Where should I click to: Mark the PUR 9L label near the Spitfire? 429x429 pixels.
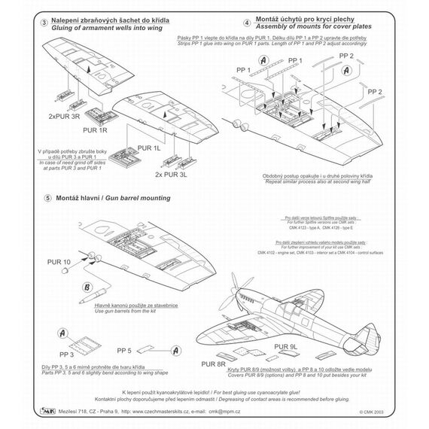tap(290, 347)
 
